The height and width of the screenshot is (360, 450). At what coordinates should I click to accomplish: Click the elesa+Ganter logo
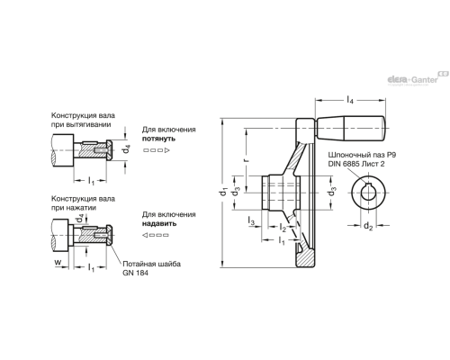click(x=418, y=78)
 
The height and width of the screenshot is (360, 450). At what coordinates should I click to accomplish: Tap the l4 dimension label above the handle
click(x=350, y=100)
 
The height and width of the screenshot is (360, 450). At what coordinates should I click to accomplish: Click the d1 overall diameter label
click(x=223, y=191)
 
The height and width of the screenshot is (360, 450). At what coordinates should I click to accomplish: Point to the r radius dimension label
click(x=247, y=158)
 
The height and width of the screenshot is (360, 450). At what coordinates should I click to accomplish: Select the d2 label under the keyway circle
click(x=368, y=226)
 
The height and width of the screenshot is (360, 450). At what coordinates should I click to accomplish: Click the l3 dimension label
click(x=251, y=220)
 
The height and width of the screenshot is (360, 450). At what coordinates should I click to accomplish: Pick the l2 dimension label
click(x=283, y=228)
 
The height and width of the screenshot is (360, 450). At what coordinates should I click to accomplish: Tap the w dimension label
click(x=58, y=262)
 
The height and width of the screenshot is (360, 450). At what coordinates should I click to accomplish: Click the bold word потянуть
click(x=158, y=139)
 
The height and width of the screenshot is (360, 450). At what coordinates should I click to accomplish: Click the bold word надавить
click(x=159, y=223)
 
